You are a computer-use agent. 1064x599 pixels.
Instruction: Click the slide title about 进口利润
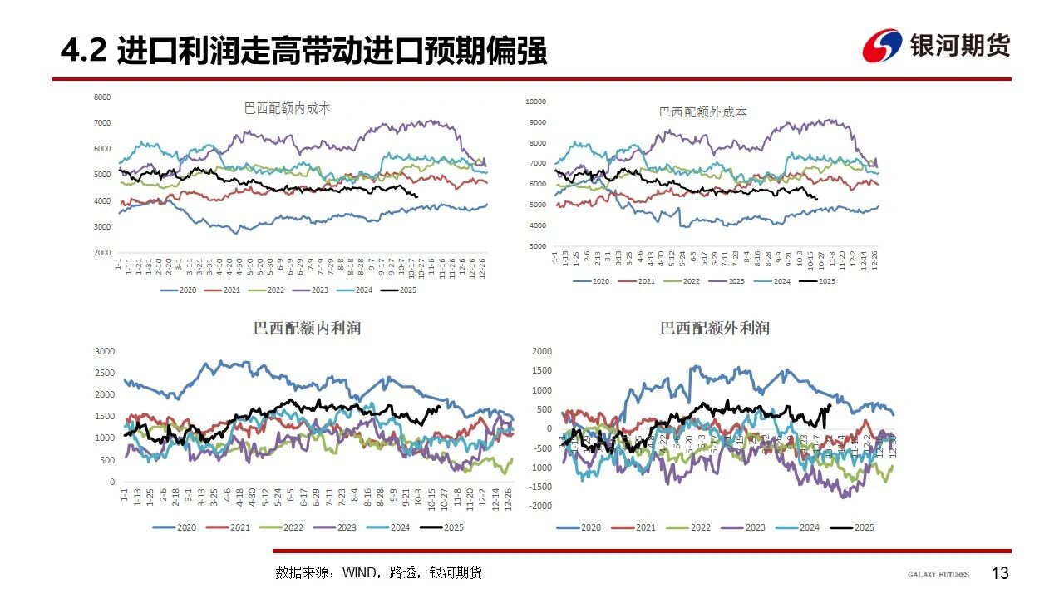pyautogui.click(x=303, y=52)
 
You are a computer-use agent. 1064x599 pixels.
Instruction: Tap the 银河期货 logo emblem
pyautogui.click(x=881, y=46)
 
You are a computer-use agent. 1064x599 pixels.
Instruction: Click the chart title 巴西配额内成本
pyautogui.click(x=288, y=108)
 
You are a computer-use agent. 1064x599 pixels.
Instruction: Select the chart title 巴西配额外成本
pyautogui.click(x=703, y=111)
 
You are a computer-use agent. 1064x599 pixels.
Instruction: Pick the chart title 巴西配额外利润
pyautogui.click(x=715, y=329)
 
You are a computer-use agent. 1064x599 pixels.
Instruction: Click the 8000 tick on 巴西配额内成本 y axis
pyautogui.click(x=102, y=97)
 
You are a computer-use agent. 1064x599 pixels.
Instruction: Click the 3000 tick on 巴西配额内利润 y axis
pyautogui.click(x=106, y=351)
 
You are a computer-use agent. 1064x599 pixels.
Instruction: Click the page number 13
pyautogui.click(x=1000, y=573)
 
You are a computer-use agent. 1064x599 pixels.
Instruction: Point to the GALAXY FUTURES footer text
pyautogui.click(x=938, y=574)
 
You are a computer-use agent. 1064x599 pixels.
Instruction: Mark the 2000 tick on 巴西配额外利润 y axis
pyautogui.click(x=541, y=351)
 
